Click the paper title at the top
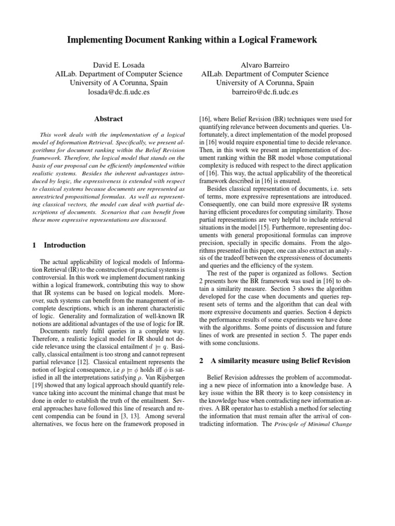tap(197, 40)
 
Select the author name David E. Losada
tap(119, 65)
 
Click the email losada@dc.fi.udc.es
tap(119, 92)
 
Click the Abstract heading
tap(109, 119)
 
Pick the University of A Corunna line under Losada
tap(119, 83)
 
